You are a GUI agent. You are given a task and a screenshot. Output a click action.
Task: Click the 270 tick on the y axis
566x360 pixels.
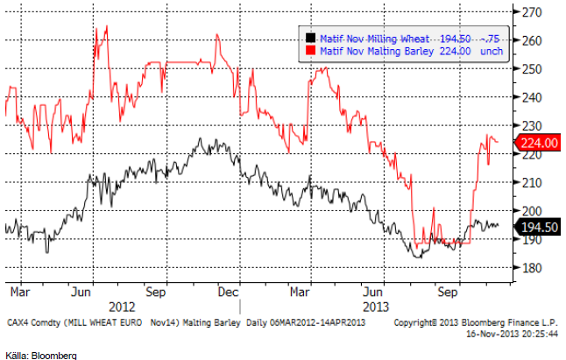(x=533, y=12)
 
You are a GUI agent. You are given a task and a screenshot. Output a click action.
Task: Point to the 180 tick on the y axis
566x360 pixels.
(x=533, y=267)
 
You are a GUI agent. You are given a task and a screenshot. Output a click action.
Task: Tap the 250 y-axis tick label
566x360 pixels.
(x=533, y=69)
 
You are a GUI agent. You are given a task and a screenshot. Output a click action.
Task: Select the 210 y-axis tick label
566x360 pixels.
(x=533, y=182)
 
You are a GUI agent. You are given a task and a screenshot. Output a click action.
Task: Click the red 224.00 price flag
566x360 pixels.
(x=538, y=143)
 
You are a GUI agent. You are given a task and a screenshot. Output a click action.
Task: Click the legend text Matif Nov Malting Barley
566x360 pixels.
(x=371, y=50)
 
